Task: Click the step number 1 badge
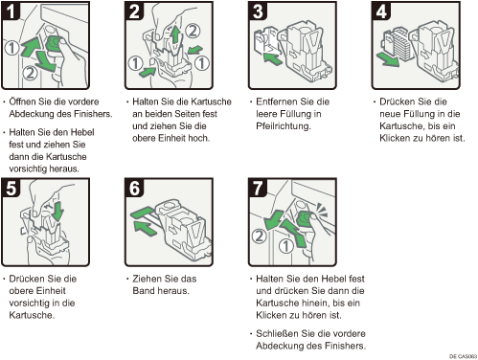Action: [11, 11]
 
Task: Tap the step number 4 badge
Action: [381, 11]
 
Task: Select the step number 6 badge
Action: [134, 188]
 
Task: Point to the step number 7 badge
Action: [258, 188]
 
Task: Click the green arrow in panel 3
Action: [272, 58]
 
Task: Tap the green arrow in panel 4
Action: [388, 59]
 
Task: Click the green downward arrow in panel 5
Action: [58, 211]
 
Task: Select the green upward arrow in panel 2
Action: [175, 34]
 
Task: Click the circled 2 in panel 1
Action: [30, 73]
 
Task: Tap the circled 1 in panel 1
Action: [11, 48]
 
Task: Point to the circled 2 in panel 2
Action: [193, 31]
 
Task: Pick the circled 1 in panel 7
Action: [285, 246]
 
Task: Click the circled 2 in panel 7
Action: [259, 236]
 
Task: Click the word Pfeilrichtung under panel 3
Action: [284, 126]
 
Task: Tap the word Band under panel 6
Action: [144, 291]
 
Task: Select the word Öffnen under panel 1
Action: [23, 101]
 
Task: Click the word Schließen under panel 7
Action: [278, 333]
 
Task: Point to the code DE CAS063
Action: [463, 356]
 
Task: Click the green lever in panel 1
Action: [54, 44]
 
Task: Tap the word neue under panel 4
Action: [390, 114]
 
